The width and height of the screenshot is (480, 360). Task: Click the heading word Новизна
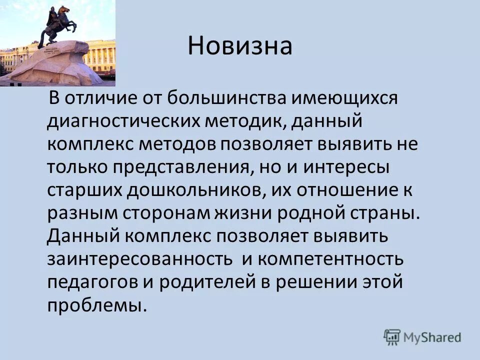coord(240,46)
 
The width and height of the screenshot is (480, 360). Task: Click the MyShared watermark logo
coord(423,337)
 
